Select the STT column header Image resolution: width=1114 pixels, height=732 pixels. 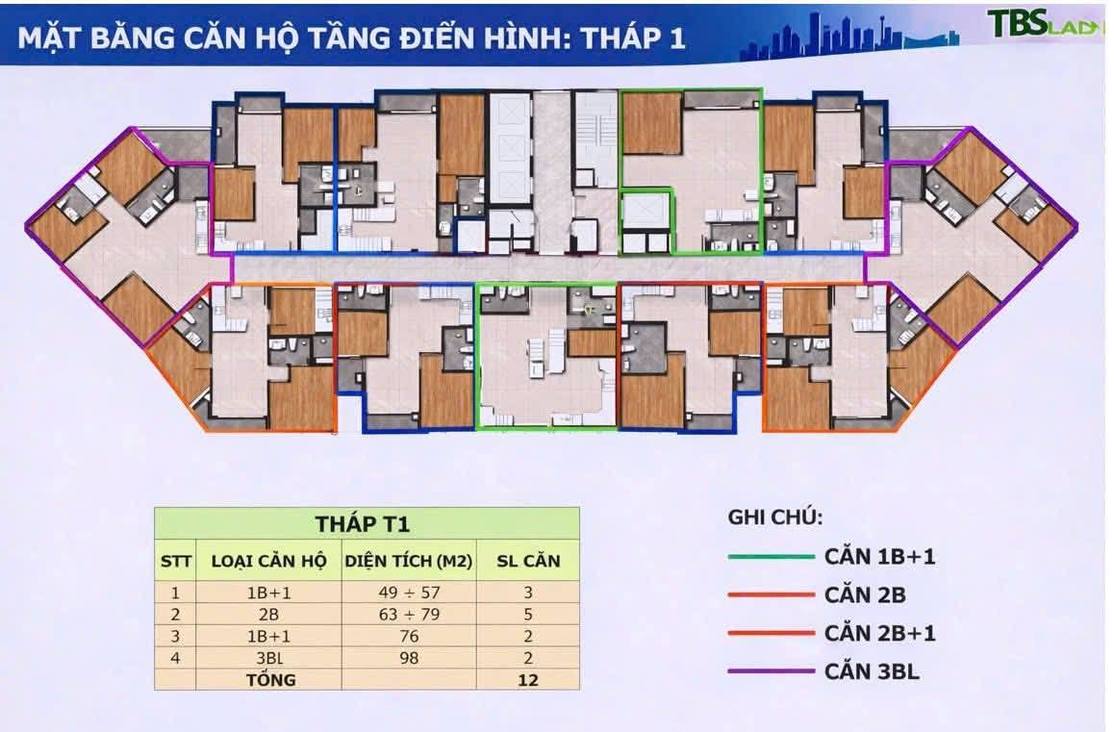pos(176,561)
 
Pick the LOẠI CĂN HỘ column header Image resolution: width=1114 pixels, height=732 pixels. pos(268,561)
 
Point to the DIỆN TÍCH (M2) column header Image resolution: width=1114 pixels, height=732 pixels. pos(409,561)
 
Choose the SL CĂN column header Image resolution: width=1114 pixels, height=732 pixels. pos(527,561)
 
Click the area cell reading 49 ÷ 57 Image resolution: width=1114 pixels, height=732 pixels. pos(409,593)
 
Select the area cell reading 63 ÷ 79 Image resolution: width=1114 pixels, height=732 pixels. pos(409,614)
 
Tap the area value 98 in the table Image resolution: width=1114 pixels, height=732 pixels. pos(409,657)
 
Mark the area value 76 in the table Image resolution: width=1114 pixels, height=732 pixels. pos(409,636)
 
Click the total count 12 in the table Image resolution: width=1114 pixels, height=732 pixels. pos(527,679)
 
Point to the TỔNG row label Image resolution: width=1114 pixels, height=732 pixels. pos(268,679)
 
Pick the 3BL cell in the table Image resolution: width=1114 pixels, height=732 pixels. pos(268,657)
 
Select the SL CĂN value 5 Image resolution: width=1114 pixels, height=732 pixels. pos(527,614)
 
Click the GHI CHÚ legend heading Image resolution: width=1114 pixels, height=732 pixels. pos(774,517)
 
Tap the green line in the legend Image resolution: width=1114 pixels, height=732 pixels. pos(771,556)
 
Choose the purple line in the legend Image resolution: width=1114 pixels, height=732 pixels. pos(771,671)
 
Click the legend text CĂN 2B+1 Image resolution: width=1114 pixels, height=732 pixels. pos(880,633)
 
